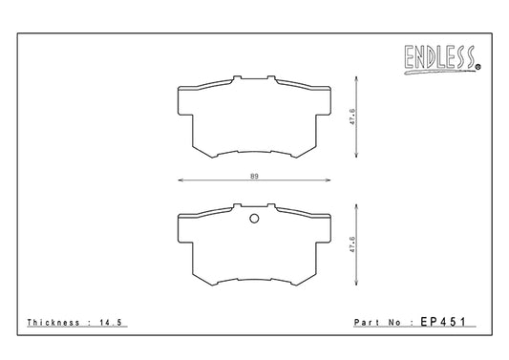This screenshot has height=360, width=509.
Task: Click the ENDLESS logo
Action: tap(441, 59)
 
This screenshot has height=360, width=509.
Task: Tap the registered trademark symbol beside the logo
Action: tap(478, 67)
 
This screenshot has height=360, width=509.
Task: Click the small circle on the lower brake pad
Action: tap(254, 219)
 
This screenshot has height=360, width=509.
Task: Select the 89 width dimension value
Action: tap(254, 177)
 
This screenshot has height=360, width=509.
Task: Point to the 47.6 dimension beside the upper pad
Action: tap(352, 117)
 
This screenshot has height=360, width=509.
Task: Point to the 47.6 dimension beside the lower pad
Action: tap(352, 244)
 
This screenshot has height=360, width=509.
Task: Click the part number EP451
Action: tap(443, 322)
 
